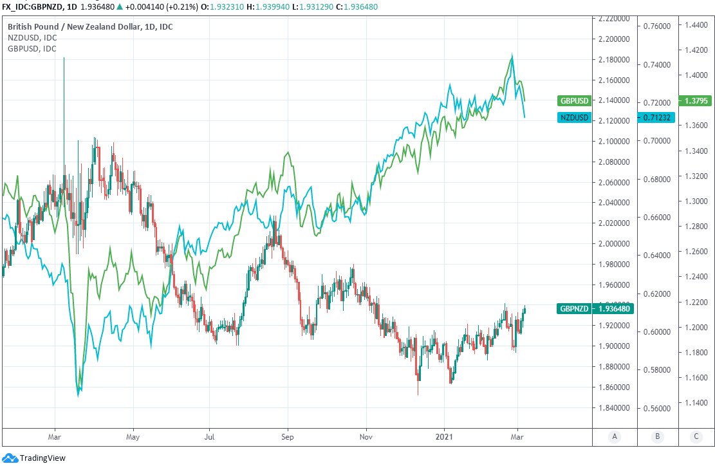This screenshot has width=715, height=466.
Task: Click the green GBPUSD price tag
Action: [x=574, y=101]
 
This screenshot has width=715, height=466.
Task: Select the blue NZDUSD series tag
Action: [x=574, y=117]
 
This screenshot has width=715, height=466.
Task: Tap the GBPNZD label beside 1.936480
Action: [x=574, y=309]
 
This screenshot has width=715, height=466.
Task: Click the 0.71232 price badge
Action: [x=655, y=117]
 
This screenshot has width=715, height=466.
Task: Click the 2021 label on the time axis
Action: [x=445, y=437]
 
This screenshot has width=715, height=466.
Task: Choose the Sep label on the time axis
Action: [x=288, y=437]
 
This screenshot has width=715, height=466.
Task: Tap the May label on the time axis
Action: [x=133, y=437]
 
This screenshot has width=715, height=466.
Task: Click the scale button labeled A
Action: [x=615, y=437]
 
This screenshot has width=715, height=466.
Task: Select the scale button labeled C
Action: [x=696, y=437]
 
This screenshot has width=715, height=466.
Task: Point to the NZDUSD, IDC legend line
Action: [x=32, y=38]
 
